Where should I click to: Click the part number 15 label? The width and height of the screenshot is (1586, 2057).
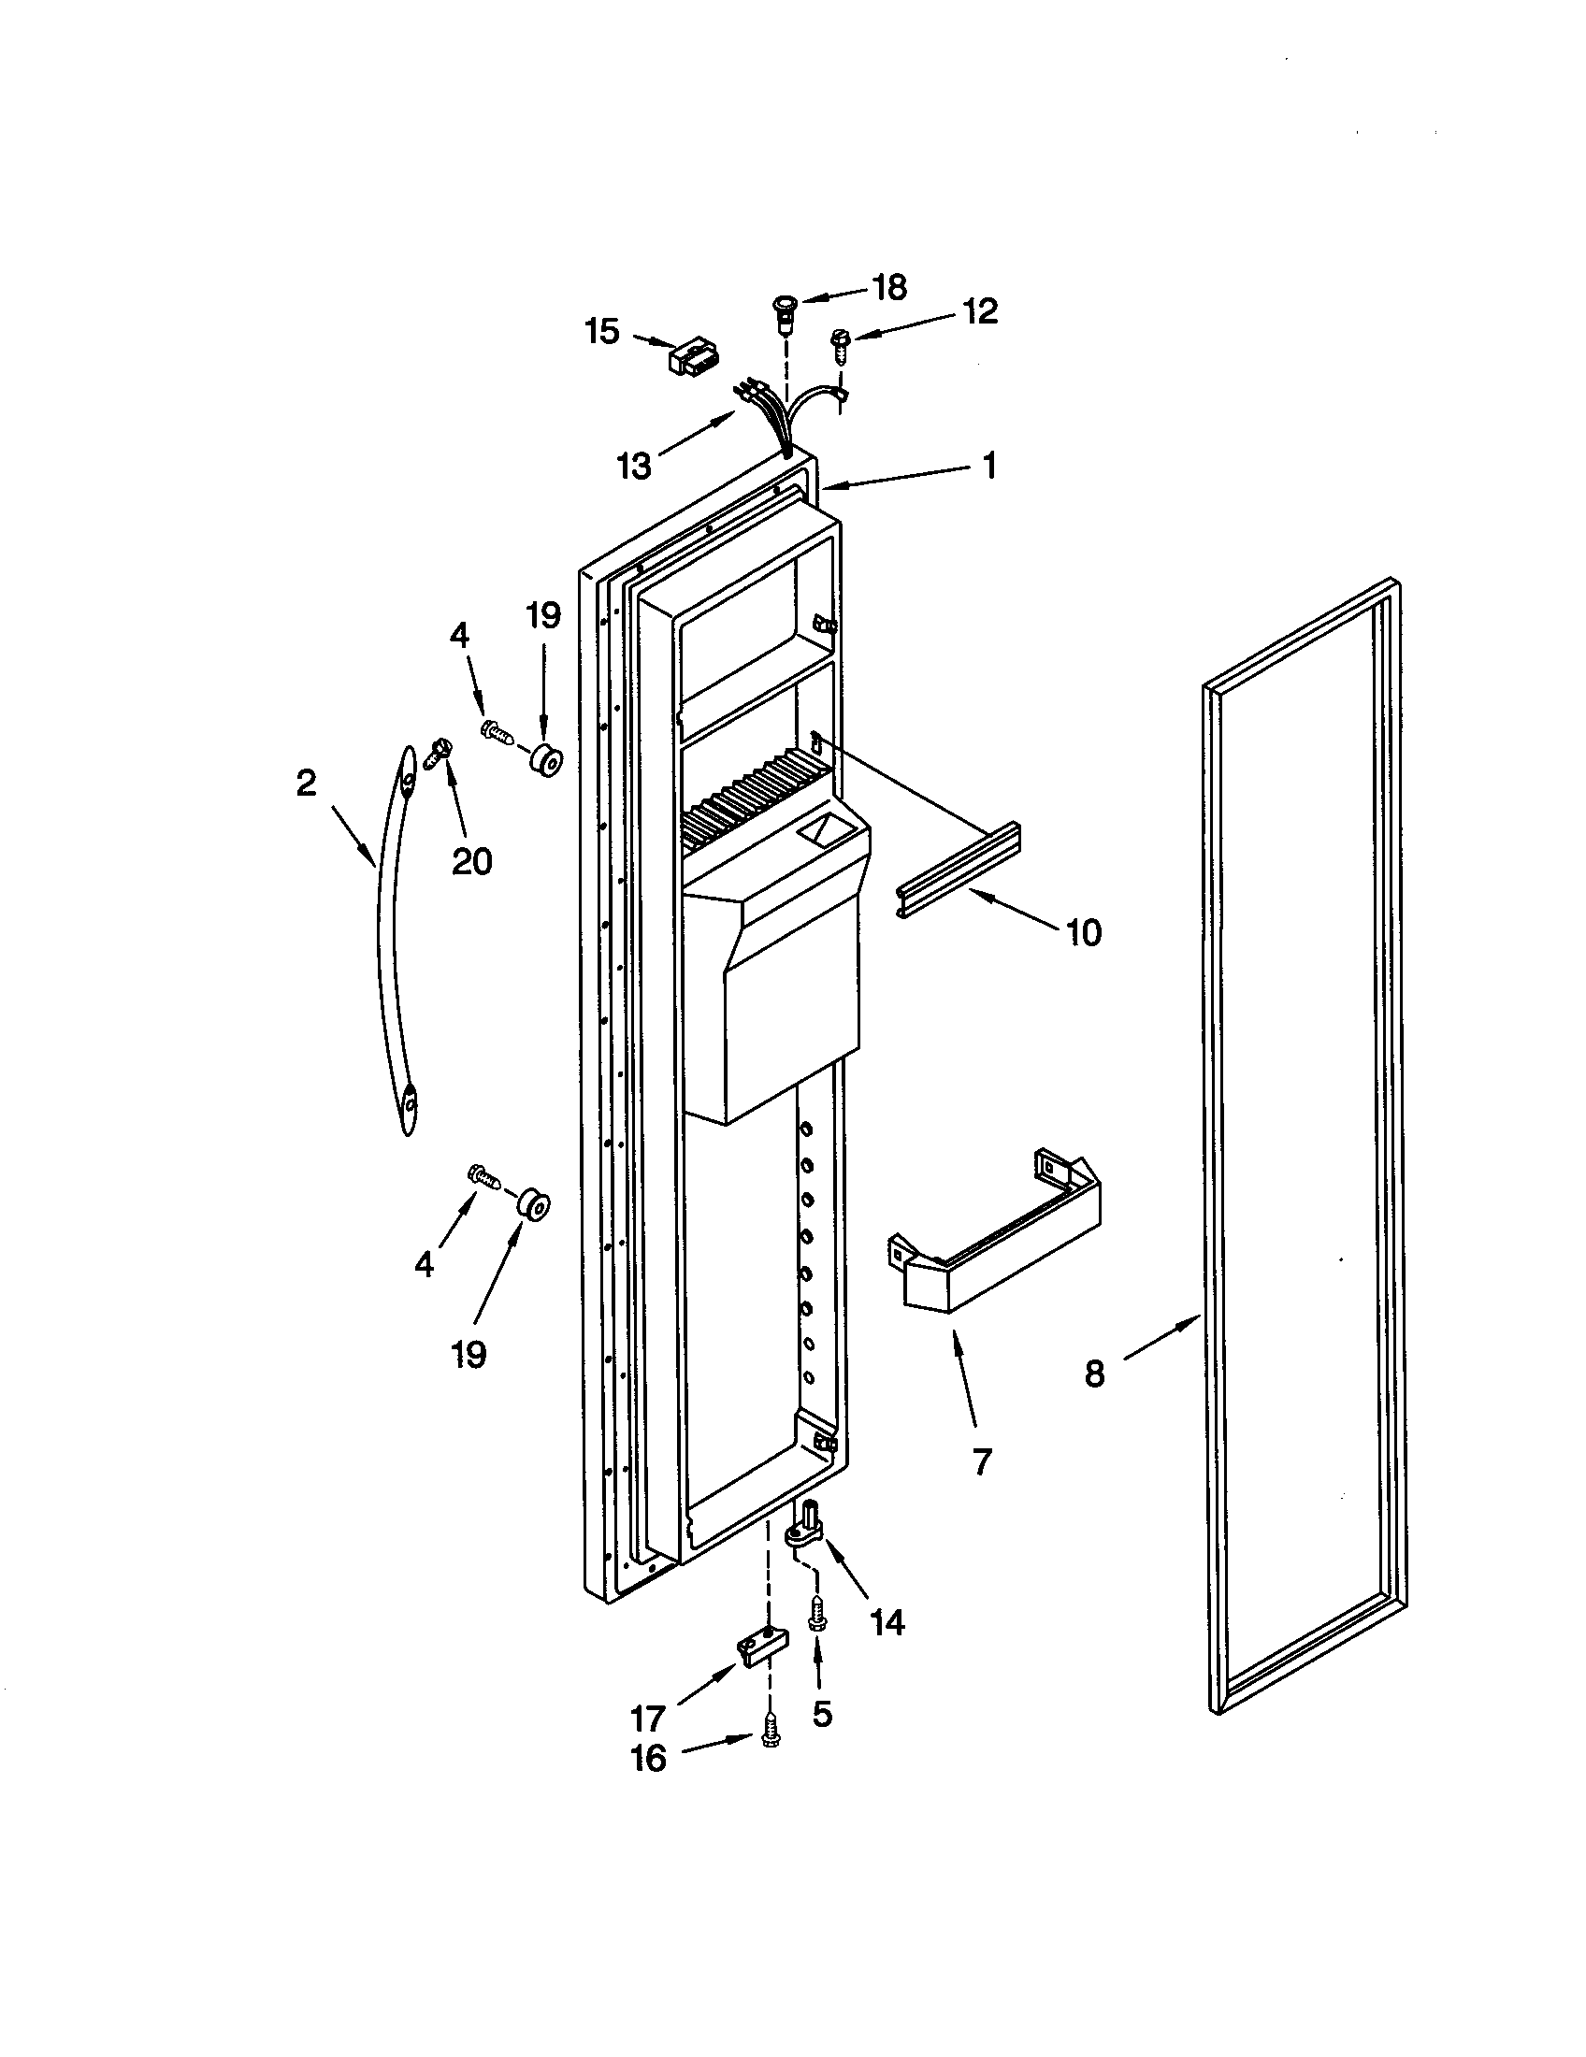click(x=603, y=332)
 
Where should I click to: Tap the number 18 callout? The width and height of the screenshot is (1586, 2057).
click(x=889, y=287)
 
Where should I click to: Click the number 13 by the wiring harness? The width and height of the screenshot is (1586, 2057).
click(x=635, y=466)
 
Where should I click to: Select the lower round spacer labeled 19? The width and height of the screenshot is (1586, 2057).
click(x=533, y=1205)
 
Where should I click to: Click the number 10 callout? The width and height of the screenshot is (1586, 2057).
click(x=1084, y=932)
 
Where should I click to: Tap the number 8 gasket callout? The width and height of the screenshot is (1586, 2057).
click(x=1093, y=1374)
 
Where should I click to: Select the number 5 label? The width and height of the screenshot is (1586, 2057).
click(x=822, y=1715)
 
